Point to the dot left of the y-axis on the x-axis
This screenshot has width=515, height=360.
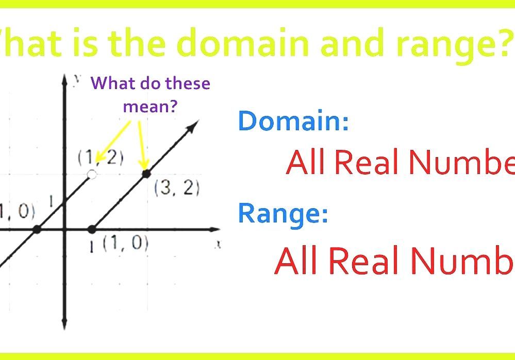pyautogui.click(x=37, y=230)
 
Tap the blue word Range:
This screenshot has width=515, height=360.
pyautogui.click(x=283, y=214)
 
